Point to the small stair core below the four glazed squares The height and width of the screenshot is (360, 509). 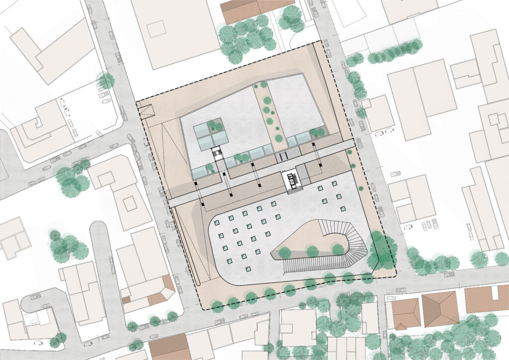[217, 153]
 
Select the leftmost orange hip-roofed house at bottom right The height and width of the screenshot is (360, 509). [405, 313]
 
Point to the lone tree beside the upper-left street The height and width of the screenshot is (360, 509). [106, 81]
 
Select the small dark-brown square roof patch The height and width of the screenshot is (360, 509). [126, 300]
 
